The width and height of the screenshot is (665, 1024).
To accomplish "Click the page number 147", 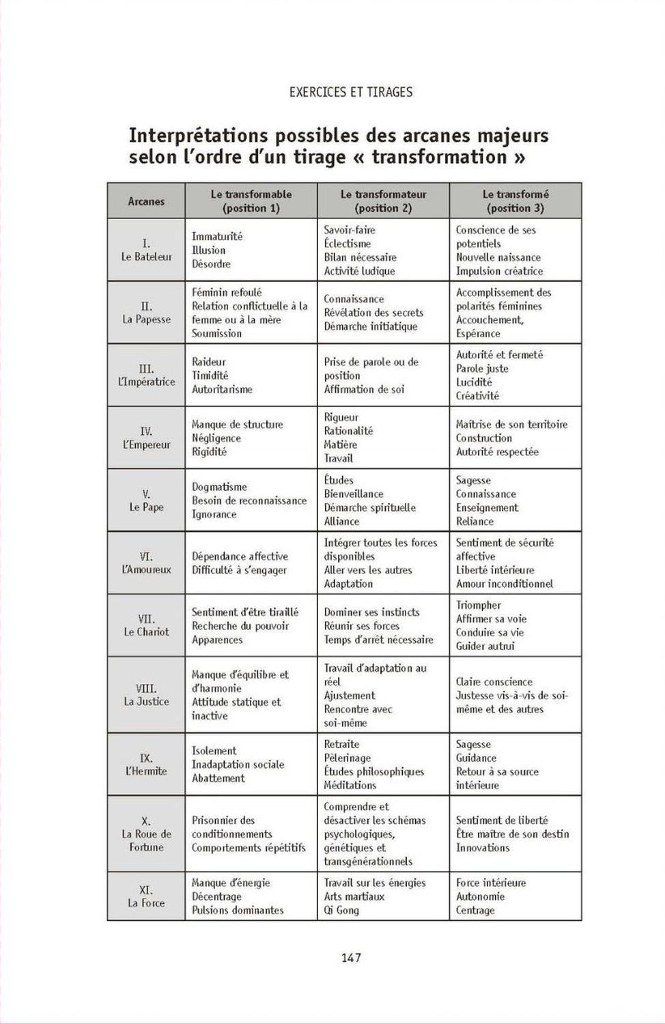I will coord(351,958).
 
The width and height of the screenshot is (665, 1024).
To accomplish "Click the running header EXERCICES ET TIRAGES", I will coord(351,92).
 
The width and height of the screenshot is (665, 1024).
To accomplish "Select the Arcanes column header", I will coord(146,201).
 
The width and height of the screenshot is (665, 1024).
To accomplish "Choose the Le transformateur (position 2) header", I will coord(383,201).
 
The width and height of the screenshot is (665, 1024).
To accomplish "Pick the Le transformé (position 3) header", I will coord(515,201).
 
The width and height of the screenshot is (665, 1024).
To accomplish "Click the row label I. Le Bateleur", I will coord(146,250).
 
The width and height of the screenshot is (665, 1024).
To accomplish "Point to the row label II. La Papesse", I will coord(146,313).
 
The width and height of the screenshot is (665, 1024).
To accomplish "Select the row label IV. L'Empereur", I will coord(146,438).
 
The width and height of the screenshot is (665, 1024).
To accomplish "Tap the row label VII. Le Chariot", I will coord(146,625).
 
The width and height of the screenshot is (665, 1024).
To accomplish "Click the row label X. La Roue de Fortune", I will coord(146,834).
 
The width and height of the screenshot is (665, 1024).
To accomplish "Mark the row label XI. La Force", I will coord(146,896).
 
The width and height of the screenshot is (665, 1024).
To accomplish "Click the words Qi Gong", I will coord(341,910).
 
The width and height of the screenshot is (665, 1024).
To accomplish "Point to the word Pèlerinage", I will coord(348,758).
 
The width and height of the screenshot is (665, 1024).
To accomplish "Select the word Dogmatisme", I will coord(219,487).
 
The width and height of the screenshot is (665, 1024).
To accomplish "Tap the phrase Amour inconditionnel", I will coord(505,584).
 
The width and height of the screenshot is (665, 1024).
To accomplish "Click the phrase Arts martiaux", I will coord(354,896).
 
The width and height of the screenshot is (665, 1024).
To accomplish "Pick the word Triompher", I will coord(479,605).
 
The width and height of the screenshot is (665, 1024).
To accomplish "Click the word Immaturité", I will coord(217,236).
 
